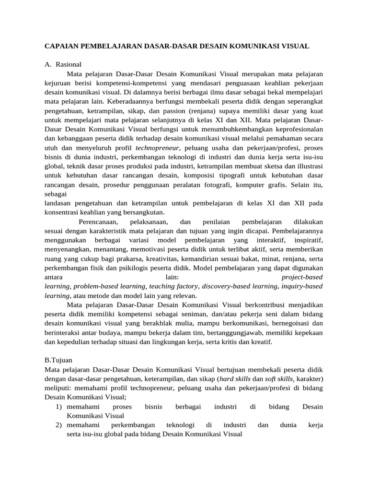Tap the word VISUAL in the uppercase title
[x=294, y=46]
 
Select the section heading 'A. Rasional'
[x=63, y=64]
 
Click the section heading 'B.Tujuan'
[x=58, y=360]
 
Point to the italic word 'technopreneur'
[x=158, y=148]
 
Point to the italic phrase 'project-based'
[x=302, y=277]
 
